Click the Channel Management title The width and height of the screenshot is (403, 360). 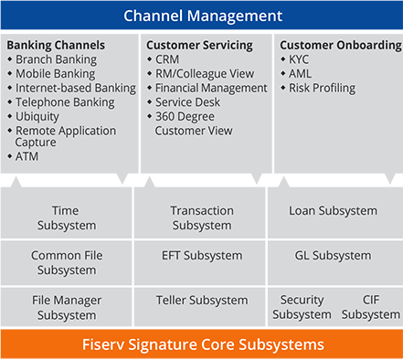[201, 16]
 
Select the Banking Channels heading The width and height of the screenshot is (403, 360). [56, 45]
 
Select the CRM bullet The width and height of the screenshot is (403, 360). [166, 59]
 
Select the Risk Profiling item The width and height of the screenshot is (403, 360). [321, 89]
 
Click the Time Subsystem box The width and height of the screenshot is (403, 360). [66, 217]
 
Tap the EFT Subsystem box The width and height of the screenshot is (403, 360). [202, 256]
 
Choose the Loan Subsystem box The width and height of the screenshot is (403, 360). [333, 211]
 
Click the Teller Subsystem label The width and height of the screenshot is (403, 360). [202, 300]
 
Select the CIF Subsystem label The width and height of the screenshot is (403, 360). [370, 307]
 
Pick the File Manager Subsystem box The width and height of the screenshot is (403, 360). [66, 307]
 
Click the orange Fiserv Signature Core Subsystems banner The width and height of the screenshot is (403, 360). [201, 344]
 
